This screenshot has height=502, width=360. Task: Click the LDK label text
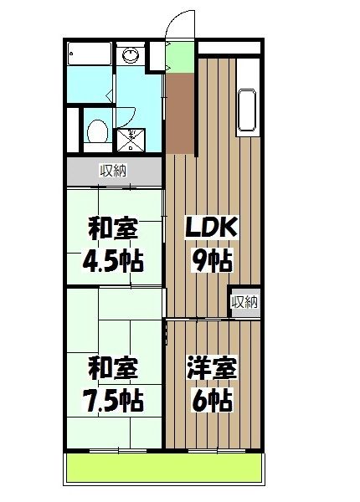click(x=213, y=227)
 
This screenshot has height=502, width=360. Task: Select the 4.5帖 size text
click(x=112, y=261)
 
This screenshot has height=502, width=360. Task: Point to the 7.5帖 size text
click(x=112, y=400)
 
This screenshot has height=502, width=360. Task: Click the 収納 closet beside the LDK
click(x=244, y=302)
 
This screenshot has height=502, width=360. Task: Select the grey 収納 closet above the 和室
click(x=114, y=172)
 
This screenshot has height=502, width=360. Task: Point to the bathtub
click(x=87, y=56)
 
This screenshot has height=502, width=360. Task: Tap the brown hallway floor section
click(x=178, y=113)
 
